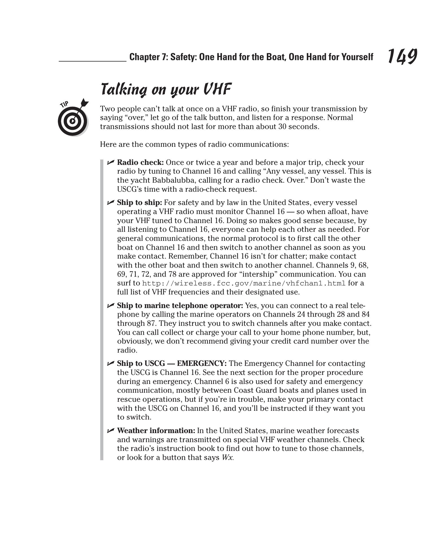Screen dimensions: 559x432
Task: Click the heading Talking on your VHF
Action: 166,89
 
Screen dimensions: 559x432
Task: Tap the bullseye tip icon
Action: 73,121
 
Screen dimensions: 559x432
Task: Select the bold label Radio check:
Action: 140,162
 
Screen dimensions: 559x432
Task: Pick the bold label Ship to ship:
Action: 139,203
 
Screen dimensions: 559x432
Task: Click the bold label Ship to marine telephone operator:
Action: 180,305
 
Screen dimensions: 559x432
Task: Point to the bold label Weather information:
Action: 156,431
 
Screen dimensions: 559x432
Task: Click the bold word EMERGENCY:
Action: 202,363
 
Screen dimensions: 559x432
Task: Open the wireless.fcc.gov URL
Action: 244,283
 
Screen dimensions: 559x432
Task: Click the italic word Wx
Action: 227,457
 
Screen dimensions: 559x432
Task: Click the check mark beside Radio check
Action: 110,162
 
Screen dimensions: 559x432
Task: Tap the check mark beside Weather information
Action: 110,430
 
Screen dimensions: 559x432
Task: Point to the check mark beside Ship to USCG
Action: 110,363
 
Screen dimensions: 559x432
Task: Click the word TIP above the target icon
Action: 64,104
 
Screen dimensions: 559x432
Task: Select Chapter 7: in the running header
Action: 148,57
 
